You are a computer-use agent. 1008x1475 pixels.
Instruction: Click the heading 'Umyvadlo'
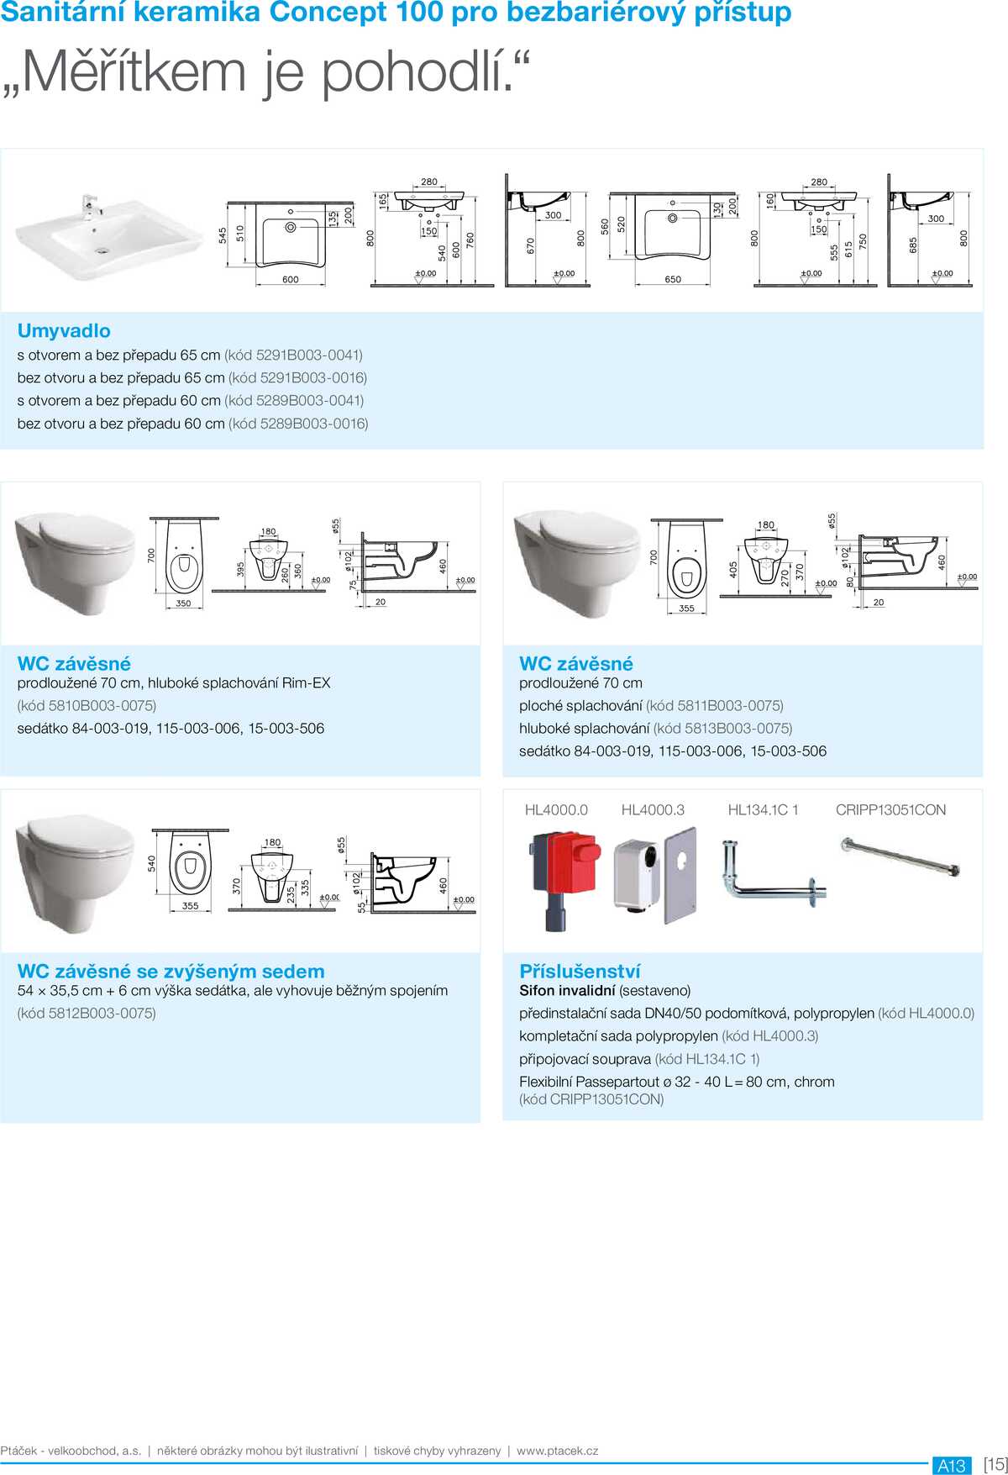[64, 330]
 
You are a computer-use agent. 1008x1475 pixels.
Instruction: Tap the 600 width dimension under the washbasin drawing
[290, 280]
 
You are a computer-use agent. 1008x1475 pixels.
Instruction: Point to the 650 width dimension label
[673, 280]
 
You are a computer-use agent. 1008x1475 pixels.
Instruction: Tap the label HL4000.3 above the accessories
[653, 810]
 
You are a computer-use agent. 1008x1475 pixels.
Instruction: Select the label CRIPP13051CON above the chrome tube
[890, 810]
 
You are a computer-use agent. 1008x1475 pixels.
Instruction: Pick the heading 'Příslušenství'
[580, 972]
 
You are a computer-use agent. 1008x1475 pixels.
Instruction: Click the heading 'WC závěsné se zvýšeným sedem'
[171, 972]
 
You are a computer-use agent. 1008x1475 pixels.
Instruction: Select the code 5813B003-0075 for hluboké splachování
[736, 729]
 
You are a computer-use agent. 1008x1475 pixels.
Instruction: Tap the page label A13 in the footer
[951, 1465]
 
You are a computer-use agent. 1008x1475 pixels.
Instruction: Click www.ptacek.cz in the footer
[557, 1451]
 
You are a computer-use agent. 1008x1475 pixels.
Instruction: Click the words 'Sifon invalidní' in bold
[567, 991]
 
